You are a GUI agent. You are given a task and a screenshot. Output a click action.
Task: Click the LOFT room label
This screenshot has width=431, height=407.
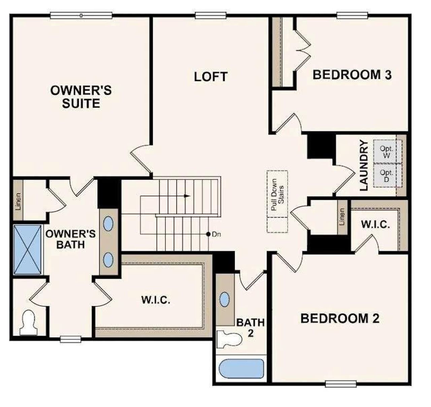(211, 77)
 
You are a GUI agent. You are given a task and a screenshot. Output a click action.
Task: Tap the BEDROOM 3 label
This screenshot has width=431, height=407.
(352, 75)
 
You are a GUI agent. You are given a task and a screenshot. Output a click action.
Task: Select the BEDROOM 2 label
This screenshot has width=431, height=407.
(340, 318)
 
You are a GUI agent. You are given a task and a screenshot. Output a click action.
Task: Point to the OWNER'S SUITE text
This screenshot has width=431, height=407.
(81, 97)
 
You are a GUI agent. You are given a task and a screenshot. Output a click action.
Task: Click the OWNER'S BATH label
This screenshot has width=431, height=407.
(70, 239)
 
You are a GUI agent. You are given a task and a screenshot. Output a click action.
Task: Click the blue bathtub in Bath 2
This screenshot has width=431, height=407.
(241, 369)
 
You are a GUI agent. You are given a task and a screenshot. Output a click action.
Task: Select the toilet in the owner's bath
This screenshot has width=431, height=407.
(28, 322)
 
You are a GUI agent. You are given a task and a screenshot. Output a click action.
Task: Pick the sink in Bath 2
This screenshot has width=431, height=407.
(225, 299)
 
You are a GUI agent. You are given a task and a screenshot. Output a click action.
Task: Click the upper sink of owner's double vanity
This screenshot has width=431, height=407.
(108, 224)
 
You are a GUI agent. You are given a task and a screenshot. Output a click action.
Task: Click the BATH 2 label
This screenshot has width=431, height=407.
(250, 327)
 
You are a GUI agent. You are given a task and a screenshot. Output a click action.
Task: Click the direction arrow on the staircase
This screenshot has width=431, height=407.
(186, 196)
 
